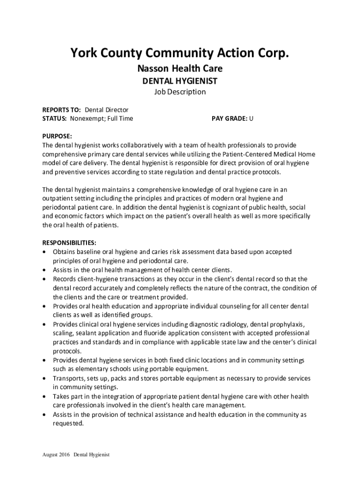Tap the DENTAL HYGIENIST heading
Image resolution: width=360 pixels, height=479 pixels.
180,81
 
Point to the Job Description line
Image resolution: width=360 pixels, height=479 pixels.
180,92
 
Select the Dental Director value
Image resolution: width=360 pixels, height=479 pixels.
107,110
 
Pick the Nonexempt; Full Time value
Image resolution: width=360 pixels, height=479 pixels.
101,119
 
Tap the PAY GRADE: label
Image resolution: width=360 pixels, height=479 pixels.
230,119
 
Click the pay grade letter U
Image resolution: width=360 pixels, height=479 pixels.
252,119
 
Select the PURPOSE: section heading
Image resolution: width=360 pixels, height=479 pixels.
58,136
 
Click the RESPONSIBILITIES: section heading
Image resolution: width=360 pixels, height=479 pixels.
70,243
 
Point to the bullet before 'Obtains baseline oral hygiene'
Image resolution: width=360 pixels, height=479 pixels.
44,252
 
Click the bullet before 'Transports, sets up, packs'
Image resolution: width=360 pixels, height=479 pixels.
44,378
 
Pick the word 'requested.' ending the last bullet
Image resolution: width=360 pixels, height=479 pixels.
68,423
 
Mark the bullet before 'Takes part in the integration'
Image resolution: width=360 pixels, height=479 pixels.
44,396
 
